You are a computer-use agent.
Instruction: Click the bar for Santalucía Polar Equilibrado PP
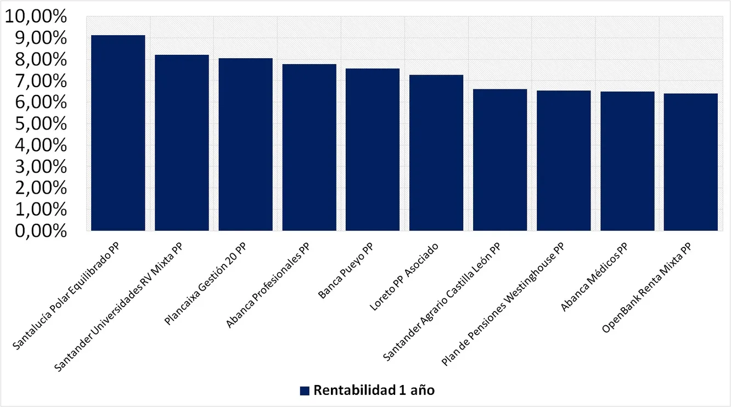tap(118, 133)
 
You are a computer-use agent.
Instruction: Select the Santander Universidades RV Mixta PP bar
tap(182, 143)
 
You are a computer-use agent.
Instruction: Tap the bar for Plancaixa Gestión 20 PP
tap(245, 144)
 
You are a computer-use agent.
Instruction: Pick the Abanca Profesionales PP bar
tap(309, 147)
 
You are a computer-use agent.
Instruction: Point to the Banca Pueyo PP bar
tap(373, 149)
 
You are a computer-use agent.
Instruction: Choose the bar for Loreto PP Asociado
tap(436, 152)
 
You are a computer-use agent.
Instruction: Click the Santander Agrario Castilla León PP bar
tap(500, 160)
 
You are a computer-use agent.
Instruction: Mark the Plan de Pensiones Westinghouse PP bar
tap(564, 160)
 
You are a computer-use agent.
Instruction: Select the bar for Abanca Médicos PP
tap(627, 161)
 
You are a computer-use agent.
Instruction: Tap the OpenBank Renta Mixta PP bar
tap(691, 162)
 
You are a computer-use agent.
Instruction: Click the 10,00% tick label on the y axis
tap(35, 17)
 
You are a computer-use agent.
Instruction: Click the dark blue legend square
tap(305, 391)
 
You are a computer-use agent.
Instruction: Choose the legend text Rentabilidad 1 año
tap(374, 391)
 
